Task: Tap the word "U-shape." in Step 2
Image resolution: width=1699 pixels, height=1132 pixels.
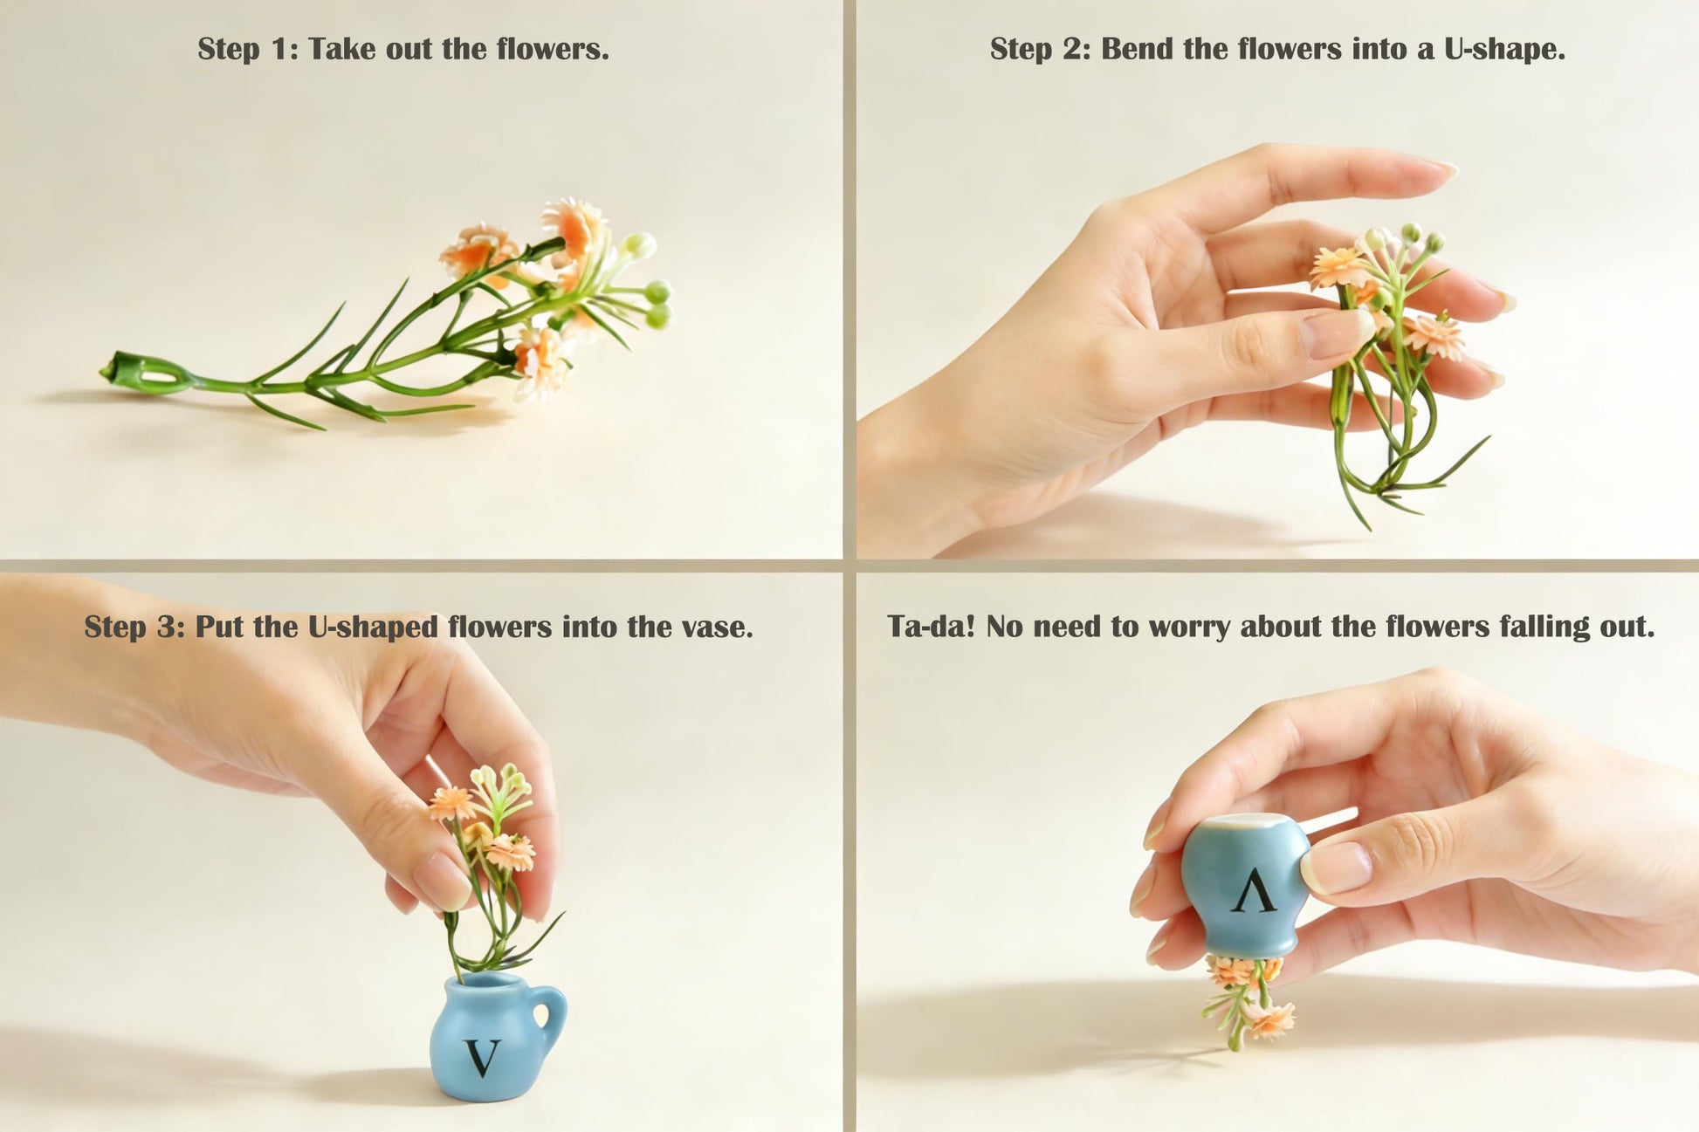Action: tap(1504, 49)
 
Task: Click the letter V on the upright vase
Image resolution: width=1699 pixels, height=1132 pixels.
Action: tap(482, 1057)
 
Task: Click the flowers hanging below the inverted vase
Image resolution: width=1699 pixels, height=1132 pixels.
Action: tap(1247, 999)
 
